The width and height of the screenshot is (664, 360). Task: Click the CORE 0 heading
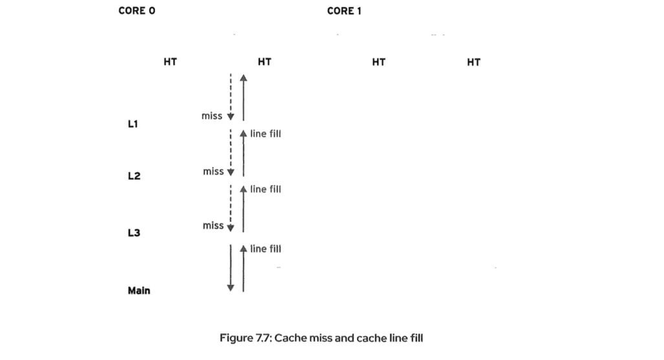tap(136, 11)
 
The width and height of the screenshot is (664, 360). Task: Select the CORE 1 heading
tap(341, 11)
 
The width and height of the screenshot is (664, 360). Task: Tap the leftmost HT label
tap(170, 62)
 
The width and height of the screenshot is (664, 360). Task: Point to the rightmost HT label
tap(473, 62)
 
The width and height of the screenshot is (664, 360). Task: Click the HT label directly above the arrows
tap(264, 62)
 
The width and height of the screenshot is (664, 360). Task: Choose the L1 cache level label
tap(133, 123)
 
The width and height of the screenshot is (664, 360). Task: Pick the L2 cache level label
tap(134, 176)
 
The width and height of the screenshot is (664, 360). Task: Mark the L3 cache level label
tap(134, 232)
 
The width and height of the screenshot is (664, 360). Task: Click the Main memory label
tap(139, 291)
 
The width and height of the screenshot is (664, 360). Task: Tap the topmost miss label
tap(212, 116)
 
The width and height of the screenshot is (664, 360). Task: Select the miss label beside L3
tap(213, 226)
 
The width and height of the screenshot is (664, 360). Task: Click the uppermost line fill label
tap(266, 134)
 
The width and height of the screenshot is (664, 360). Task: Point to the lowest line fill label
tap(266, 249)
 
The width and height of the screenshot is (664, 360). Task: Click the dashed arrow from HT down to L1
tap(231, 97)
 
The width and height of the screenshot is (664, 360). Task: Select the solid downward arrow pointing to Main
tap(231, 268)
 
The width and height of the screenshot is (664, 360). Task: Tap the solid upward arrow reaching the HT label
tap(243, 97)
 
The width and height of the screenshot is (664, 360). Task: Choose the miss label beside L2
tap(213, 171)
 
